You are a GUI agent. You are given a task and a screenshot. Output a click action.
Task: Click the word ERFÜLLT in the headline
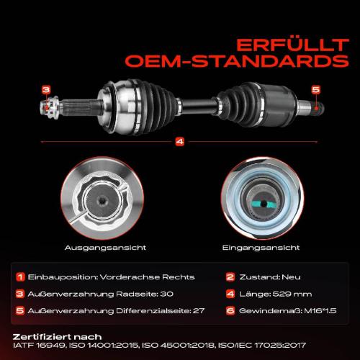(293, 45)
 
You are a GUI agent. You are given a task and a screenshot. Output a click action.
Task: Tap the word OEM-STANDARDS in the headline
(237, 61)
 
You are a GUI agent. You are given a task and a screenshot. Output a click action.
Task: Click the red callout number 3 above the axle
(46, 90)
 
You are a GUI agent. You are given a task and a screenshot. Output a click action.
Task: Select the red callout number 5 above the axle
(316, 89)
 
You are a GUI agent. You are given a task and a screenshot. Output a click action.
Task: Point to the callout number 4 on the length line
(180, 142)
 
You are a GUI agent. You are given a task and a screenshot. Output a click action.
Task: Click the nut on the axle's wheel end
(50, 107)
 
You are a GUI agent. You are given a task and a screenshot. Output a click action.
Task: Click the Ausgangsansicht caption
(105, 248)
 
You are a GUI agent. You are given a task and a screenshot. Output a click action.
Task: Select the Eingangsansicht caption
(261, 248)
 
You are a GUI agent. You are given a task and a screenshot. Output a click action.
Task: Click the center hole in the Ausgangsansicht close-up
(103, 201)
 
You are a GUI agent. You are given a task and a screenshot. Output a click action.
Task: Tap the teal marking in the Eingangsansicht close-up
(264, 204)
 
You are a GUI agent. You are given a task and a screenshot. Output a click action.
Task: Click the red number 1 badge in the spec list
(20, 277)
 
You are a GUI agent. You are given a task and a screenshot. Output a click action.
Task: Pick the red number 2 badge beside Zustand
(230, 277)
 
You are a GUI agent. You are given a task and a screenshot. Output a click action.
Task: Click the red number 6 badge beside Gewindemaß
(230, 311)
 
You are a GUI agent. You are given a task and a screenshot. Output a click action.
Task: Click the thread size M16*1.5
(320, 311)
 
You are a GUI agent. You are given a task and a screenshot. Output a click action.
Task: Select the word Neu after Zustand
(291, 277)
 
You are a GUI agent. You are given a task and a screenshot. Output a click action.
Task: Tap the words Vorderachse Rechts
(147, 277)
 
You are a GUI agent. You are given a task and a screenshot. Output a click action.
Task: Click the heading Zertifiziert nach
(57, 337)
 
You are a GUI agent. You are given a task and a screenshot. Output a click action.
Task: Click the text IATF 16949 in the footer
(39, 346)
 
